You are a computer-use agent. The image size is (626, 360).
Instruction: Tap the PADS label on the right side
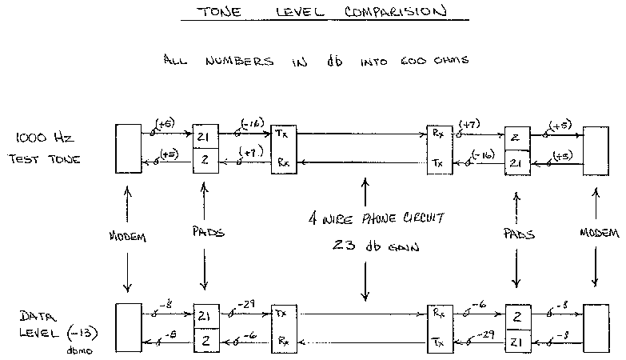point(519,235)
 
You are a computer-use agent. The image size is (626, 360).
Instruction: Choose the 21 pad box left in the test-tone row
point(205,137)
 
